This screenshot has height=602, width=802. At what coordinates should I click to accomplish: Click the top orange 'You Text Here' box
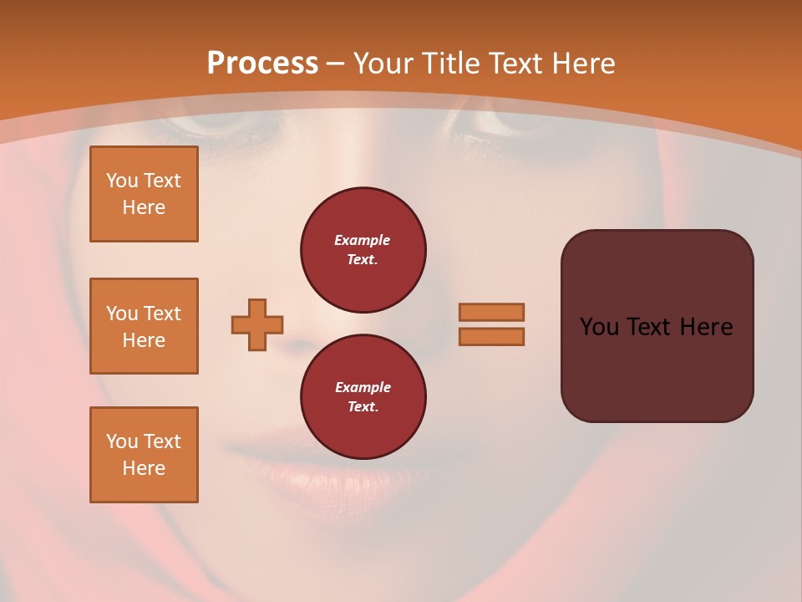click(144, 194)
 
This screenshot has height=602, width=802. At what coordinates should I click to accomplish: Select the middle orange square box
click(144, 326)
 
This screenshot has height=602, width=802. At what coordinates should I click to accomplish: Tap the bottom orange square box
click(144, 455)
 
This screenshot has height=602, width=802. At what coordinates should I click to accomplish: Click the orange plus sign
click(257, 324)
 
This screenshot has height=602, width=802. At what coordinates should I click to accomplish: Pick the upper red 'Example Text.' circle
click(363, 250)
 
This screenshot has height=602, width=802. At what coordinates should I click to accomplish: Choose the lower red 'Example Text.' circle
click(363, 397)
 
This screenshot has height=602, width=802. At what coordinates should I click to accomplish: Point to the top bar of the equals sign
click(491, 312)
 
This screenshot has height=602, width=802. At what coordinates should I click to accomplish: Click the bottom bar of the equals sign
click(491, 336)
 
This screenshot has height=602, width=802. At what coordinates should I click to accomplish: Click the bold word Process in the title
click(262, 64)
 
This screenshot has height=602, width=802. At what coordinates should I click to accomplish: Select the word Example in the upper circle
click(363, 240)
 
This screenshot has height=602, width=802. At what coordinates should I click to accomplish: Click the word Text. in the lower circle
click(363, 407)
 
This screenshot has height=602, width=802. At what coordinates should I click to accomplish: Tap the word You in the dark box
click(599, 327)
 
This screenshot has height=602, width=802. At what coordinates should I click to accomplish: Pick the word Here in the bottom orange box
click(144, 468)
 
